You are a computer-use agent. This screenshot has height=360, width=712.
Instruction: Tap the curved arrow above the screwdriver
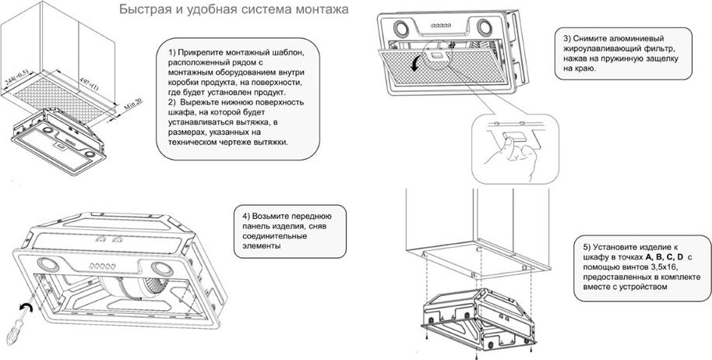tap(26, 309)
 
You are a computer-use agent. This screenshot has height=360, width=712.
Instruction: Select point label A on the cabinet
tap(424, 255)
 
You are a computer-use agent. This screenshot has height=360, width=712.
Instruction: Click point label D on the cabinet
tap(523, 268)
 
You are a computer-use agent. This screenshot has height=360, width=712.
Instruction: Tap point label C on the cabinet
tap(478, 249)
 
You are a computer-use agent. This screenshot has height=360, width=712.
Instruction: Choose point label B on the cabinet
tap(473, 275)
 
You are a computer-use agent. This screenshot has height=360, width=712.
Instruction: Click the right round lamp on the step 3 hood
tap(484, 28)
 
